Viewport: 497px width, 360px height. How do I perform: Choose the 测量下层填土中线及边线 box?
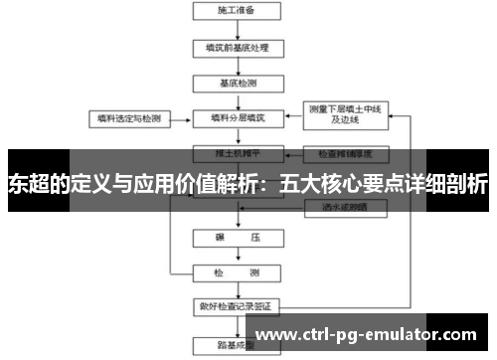344,116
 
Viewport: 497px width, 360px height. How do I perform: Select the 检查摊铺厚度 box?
344,155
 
